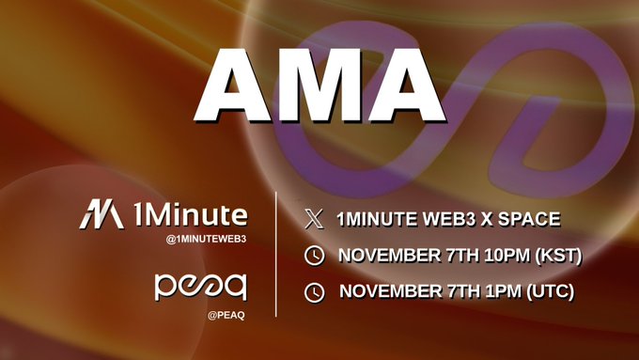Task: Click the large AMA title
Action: click(319, 85)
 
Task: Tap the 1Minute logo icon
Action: click(101, 215)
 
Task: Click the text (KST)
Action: click(553, 256)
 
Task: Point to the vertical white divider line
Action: click(275, 254)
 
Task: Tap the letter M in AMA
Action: click(319, 85)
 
